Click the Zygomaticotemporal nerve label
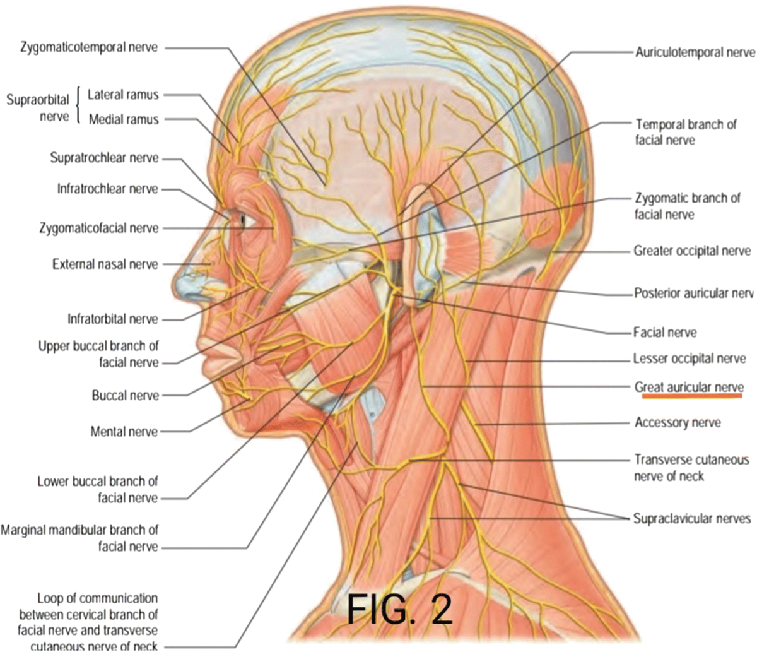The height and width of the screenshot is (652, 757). coord(88,47)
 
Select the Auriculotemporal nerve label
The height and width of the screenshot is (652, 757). coord(695,52)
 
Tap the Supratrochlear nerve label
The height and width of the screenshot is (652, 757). coord(104,158)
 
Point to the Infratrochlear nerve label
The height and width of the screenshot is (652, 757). coord(108,189)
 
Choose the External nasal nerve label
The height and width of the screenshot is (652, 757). coord(105,264)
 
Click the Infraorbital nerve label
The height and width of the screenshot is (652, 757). coord(113,319)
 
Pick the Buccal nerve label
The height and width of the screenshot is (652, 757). coord(125,396)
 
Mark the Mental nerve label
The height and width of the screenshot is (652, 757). coord(124,432)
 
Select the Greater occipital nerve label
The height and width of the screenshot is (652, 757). coord(692,251)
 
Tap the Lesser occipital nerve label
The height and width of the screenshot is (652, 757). coord(689,359)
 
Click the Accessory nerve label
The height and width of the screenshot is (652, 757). coord(677,422)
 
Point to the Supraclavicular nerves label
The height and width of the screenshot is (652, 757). coord(691,519)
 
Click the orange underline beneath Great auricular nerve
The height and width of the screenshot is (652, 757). coord(692,397)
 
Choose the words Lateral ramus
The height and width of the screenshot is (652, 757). coord(123,95)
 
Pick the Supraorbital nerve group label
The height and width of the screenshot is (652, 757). coord(38,108)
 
